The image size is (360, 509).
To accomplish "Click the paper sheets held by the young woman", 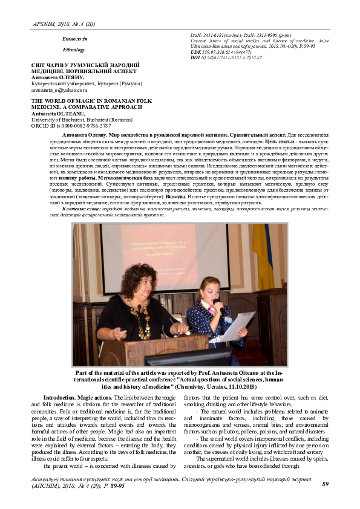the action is pyautogui.click(x=233, y=326).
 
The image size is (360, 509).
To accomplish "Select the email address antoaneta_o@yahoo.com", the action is pyautogui.click(x=53, y=89).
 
